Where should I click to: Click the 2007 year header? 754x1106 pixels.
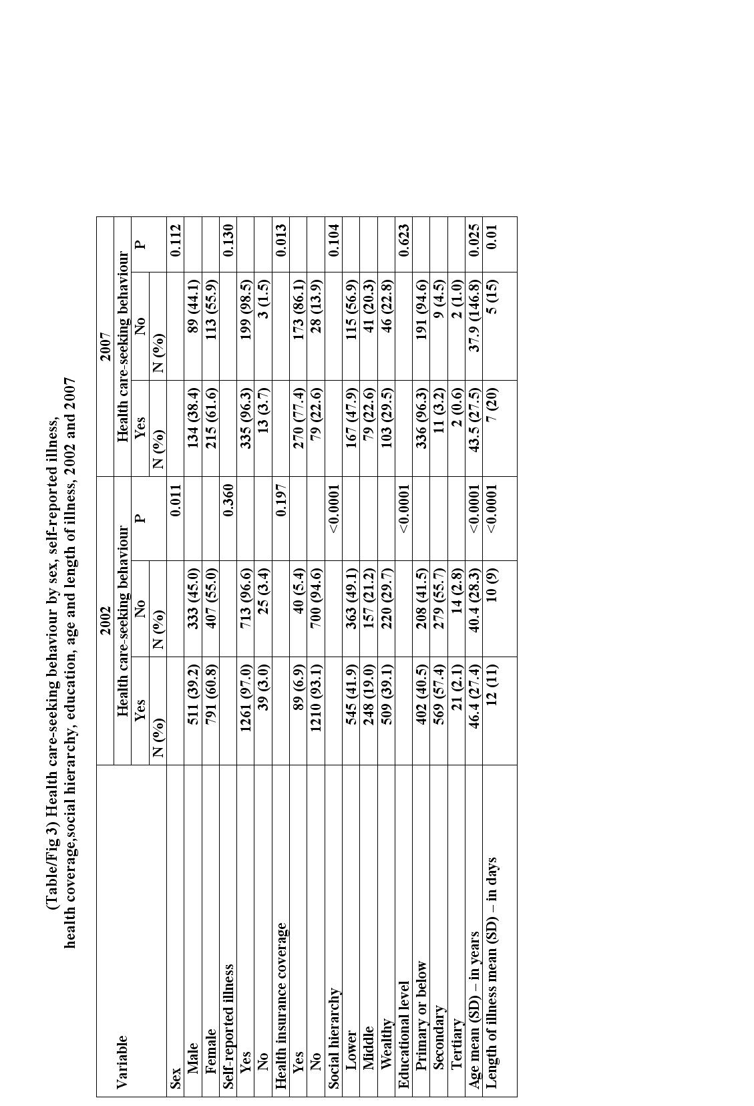click(x=105, y=346)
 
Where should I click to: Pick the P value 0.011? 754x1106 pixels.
click(x=175, y=500)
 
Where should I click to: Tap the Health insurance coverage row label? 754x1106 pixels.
click(x=281, y=1005)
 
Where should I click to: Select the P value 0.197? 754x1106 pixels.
click(x=281, y=500)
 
